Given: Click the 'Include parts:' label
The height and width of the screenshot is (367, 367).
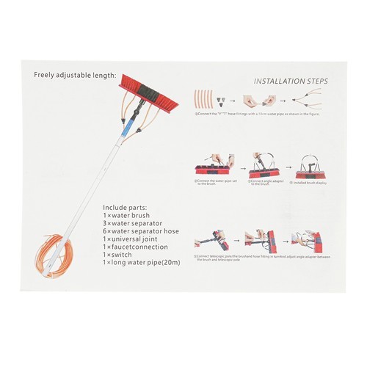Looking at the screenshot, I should (126, 208).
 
